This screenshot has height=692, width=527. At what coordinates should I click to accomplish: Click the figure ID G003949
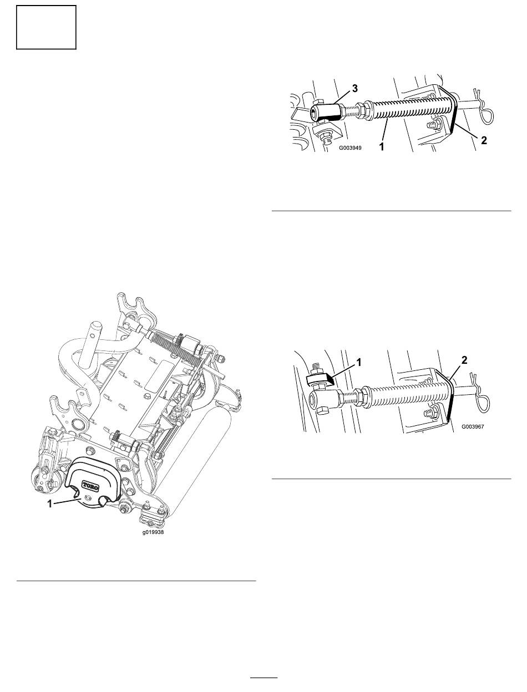click(351, 147)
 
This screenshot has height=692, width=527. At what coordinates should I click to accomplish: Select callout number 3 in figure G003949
click(355, 89)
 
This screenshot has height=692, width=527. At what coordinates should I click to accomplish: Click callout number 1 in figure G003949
click(381, 146)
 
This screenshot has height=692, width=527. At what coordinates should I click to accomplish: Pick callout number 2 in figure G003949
click(484, 140)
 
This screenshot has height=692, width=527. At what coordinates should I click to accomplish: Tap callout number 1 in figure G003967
click(358, 363)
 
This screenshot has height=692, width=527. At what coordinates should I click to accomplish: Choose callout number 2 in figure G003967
click(464, 360)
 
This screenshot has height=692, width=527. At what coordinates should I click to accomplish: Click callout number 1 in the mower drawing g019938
click(49, 504)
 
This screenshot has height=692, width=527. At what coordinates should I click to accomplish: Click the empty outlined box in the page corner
click(46, 27)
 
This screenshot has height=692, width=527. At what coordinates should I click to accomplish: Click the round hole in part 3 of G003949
click(315, 112)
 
